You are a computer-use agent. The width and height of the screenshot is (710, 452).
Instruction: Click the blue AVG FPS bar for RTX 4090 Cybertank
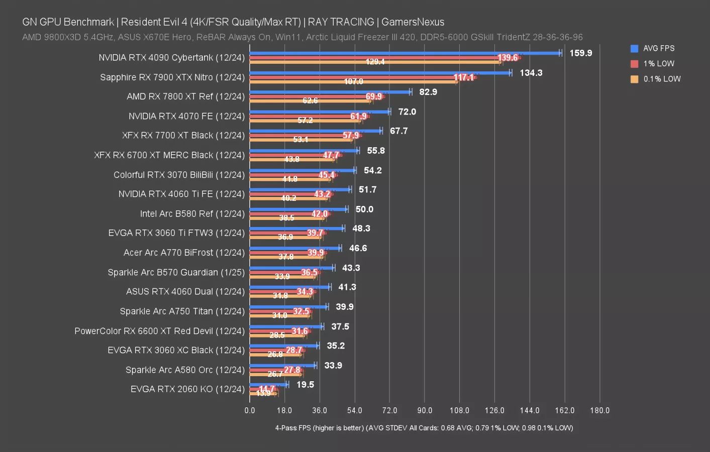click(x=404, y=53)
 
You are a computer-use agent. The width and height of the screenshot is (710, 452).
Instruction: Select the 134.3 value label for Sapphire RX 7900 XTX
click(x=531, y=73)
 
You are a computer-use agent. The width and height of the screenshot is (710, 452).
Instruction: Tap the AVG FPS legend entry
click(x=658, y=48)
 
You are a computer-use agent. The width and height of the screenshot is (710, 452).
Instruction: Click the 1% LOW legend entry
click(x=658, y=64)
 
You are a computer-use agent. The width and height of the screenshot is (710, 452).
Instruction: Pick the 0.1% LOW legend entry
click(x=661, y=79)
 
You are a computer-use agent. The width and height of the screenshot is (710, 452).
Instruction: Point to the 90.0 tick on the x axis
click(x=425, y=410)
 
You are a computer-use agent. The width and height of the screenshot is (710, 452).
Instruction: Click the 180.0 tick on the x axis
click(x=599, y=410)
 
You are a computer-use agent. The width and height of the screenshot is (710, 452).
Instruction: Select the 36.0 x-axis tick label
click(x=320, y=410)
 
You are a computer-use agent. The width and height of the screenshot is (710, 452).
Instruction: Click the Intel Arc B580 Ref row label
click(x=192, y=213)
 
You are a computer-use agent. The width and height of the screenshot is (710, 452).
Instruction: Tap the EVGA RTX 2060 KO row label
click(x=187, y=389)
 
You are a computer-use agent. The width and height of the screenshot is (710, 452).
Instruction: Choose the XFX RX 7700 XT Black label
click(x=183, y=135)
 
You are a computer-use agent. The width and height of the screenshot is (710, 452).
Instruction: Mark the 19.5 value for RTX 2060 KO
click(x=305, y=385)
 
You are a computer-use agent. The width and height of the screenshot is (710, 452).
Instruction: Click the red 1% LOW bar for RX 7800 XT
click(x=312, y=96)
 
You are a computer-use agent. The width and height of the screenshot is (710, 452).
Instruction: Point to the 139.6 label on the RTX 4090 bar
click(x=508, y=58)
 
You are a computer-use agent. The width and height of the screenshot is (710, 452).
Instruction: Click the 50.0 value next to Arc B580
click(x=364, y=209)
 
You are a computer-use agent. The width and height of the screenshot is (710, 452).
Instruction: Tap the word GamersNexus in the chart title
click(x=413, y=22)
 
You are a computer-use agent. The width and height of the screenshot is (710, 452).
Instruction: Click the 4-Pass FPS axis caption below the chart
click(x=424, y=428)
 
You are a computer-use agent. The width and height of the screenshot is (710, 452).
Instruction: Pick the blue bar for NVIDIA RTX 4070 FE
click(x=320, y=111)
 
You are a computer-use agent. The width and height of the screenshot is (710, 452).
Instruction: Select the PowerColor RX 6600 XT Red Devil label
click(x=159, y=331)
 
